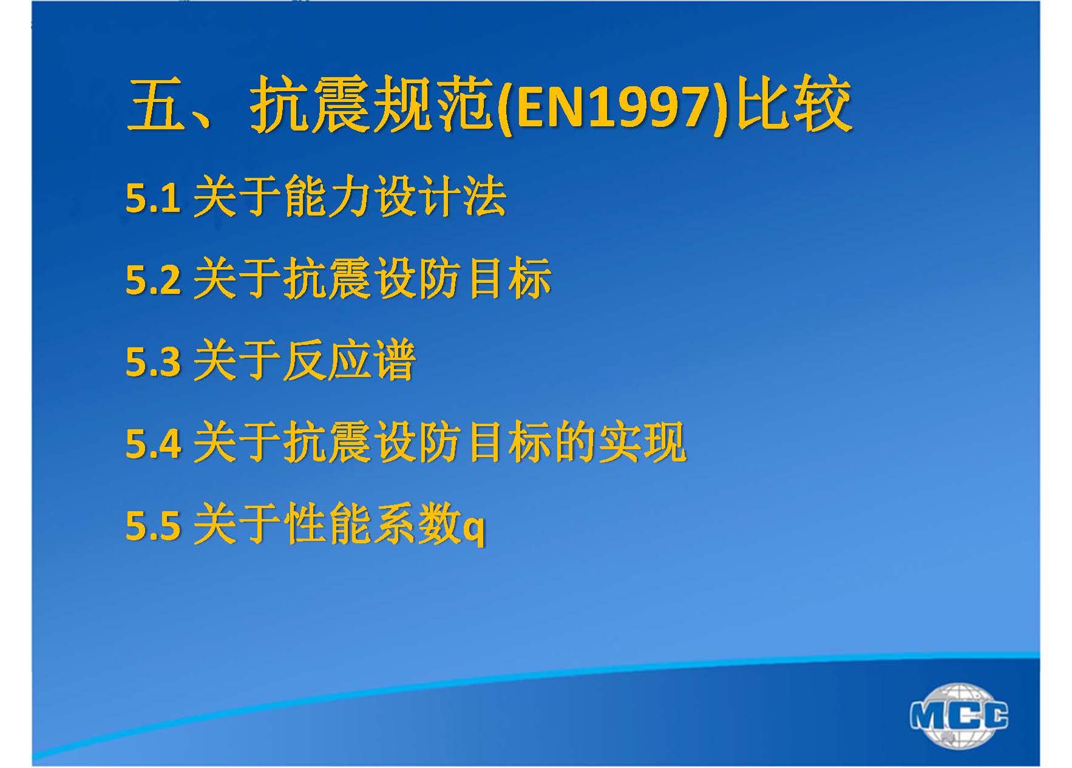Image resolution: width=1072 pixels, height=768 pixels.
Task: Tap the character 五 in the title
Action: coord(155,107)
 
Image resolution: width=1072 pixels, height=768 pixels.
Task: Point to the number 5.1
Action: coord(153,197)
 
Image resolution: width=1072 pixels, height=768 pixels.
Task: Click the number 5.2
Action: coord(153,279)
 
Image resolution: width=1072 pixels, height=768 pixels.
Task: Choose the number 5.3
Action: coord(153,361)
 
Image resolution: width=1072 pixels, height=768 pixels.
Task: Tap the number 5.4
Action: coord(153,443)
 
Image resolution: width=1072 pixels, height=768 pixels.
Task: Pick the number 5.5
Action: coord(153,525)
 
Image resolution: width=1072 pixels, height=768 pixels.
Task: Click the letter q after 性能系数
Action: coord(473,530)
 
